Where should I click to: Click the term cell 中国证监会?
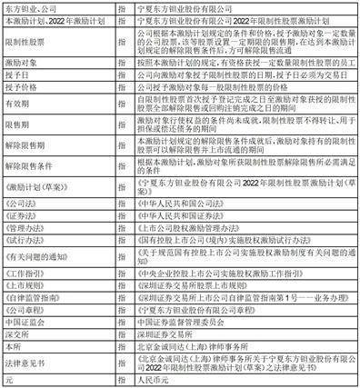pos(25,322)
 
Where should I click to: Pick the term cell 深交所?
pos(18,334)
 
